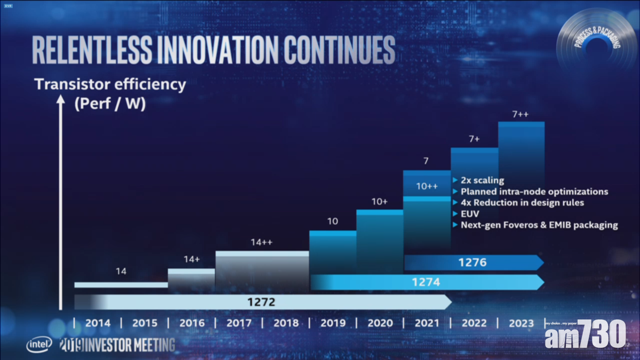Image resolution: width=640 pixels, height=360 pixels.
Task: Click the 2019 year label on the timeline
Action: pyautogui.click(x=333, y=323)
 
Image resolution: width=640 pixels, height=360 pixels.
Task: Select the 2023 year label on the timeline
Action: pyautogui.click(x=521, y=323)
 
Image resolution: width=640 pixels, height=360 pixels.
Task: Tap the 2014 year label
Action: pyautogui.click(x=98, y=323)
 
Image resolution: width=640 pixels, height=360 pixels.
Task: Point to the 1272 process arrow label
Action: pyautogui.click(x=261, y=302)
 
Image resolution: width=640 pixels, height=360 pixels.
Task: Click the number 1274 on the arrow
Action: pyautogui.click(x=426, y=283)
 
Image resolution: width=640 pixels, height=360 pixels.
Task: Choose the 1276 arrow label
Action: pyautogui.click(x=473, y=262)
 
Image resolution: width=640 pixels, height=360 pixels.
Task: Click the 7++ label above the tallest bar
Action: pyautogui.click(x=521, y=115)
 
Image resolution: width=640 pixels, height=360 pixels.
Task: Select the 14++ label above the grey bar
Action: pyautogui.click(x=262, y=243)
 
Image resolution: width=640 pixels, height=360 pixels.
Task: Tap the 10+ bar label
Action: pyautogui.click(x=380, y=202)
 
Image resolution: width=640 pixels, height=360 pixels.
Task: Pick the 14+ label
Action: pyautogui.click(x=191, y=260)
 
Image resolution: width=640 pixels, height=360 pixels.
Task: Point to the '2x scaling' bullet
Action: pyautogui.click(x=482, y=180)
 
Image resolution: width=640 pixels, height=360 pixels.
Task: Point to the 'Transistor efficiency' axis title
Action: pyautogui.click(x=110, y=84)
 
